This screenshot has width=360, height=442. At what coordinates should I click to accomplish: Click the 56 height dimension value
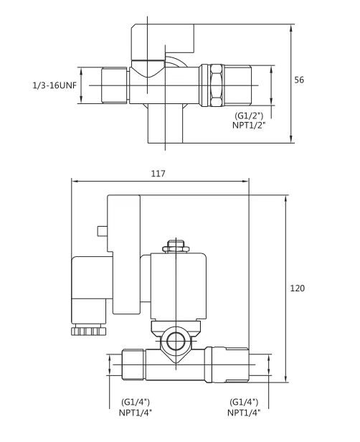299,80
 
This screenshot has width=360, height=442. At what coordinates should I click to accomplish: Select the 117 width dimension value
158,174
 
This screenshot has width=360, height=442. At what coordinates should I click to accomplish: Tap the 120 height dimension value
298,288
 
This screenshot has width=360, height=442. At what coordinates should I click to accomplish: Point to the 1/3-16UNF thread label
55,85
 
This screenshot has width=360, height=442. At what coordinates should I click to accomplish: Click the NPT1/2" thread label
249,125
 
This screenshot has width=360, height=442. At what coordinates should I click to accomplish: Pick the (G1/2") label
249,116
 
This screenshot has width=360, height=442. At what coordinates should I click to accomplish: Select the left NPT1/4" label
136,413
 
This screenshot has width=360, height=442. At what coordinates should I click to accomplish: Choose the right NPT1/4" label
244,413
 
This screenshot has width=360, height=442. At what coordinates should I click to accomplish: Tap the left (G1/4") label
136,402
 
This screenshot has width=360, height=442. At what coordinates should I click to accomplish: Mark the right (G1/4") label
244,402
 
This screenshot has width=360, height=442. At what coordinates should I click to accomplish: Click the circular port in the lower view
176,342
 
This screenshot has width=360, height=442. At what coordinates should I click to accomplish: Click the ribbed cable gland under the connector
88,329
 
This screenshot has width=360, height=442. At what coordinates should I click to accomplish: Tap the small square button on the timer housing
103,231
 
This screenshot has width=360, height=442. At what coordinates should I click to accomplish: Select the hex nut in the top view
216,85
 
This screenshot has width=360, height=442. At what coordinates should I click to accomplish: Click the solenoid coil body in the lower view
179,286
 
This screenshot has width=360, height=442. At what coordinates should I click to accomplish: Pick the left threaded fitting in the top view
114,85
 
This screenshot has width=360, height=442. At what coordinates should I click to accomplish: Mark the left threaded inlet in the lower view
133,365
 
